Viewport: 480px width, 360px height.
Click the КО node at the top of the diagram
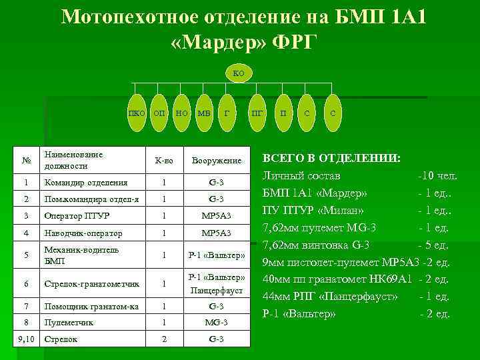pos(238,72)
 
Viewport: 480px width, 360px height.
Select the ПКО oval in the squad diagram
pos(137,113)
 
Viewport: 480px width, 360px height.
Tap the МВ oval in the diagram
pos(203,113)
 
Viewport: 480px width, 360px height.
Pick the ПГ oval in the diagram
pos(257,113)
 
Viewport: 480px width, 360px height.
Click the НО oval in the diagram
pos(181,113)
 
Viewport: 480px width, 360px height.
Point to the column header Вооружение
pos(215,161)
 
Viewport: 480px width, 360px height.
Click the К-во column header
pos(163,161)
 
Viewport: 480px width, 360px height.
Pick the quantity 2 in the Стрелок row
pos(163,339)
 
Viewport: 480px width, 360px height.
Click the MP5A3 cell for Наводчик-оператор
pos(215,233)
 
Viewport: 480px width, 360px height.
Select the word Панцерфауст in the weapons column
pos(215,291)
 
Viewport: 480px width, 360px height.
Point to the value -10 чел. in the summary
pos(437,176)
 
